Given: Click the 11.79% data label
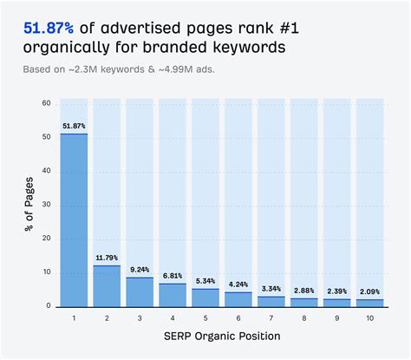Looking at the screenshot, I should click(107, 258).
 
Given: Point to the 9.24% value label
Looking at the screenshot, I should click(140, 269).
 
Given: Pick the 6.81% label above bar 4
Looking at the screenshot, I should click(173, 276).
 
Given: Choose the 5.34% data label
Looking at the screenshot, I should click(205, 281).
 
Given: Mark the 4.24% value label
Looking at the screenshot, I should click(238, 285).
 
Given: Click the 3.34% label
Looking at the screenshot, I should click(271, 288).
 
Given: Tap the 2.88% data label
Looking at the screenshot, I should click(304, 290).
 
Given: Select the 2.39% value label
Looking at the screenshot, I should click(337, 291).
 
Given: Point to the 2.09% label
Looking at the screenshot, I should click(370, 291).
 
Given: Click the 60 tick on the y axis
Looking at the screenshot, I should click(47, 103).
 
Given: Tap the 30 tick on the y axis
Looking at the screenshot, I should click(47, 205).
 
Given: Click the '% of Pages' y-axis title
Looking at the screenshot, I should click(29, 206).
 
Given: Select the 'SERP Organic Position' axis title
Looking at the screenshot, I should click(222, 336).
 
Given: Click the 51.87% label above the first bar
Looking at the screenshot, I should click(74, 126).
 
